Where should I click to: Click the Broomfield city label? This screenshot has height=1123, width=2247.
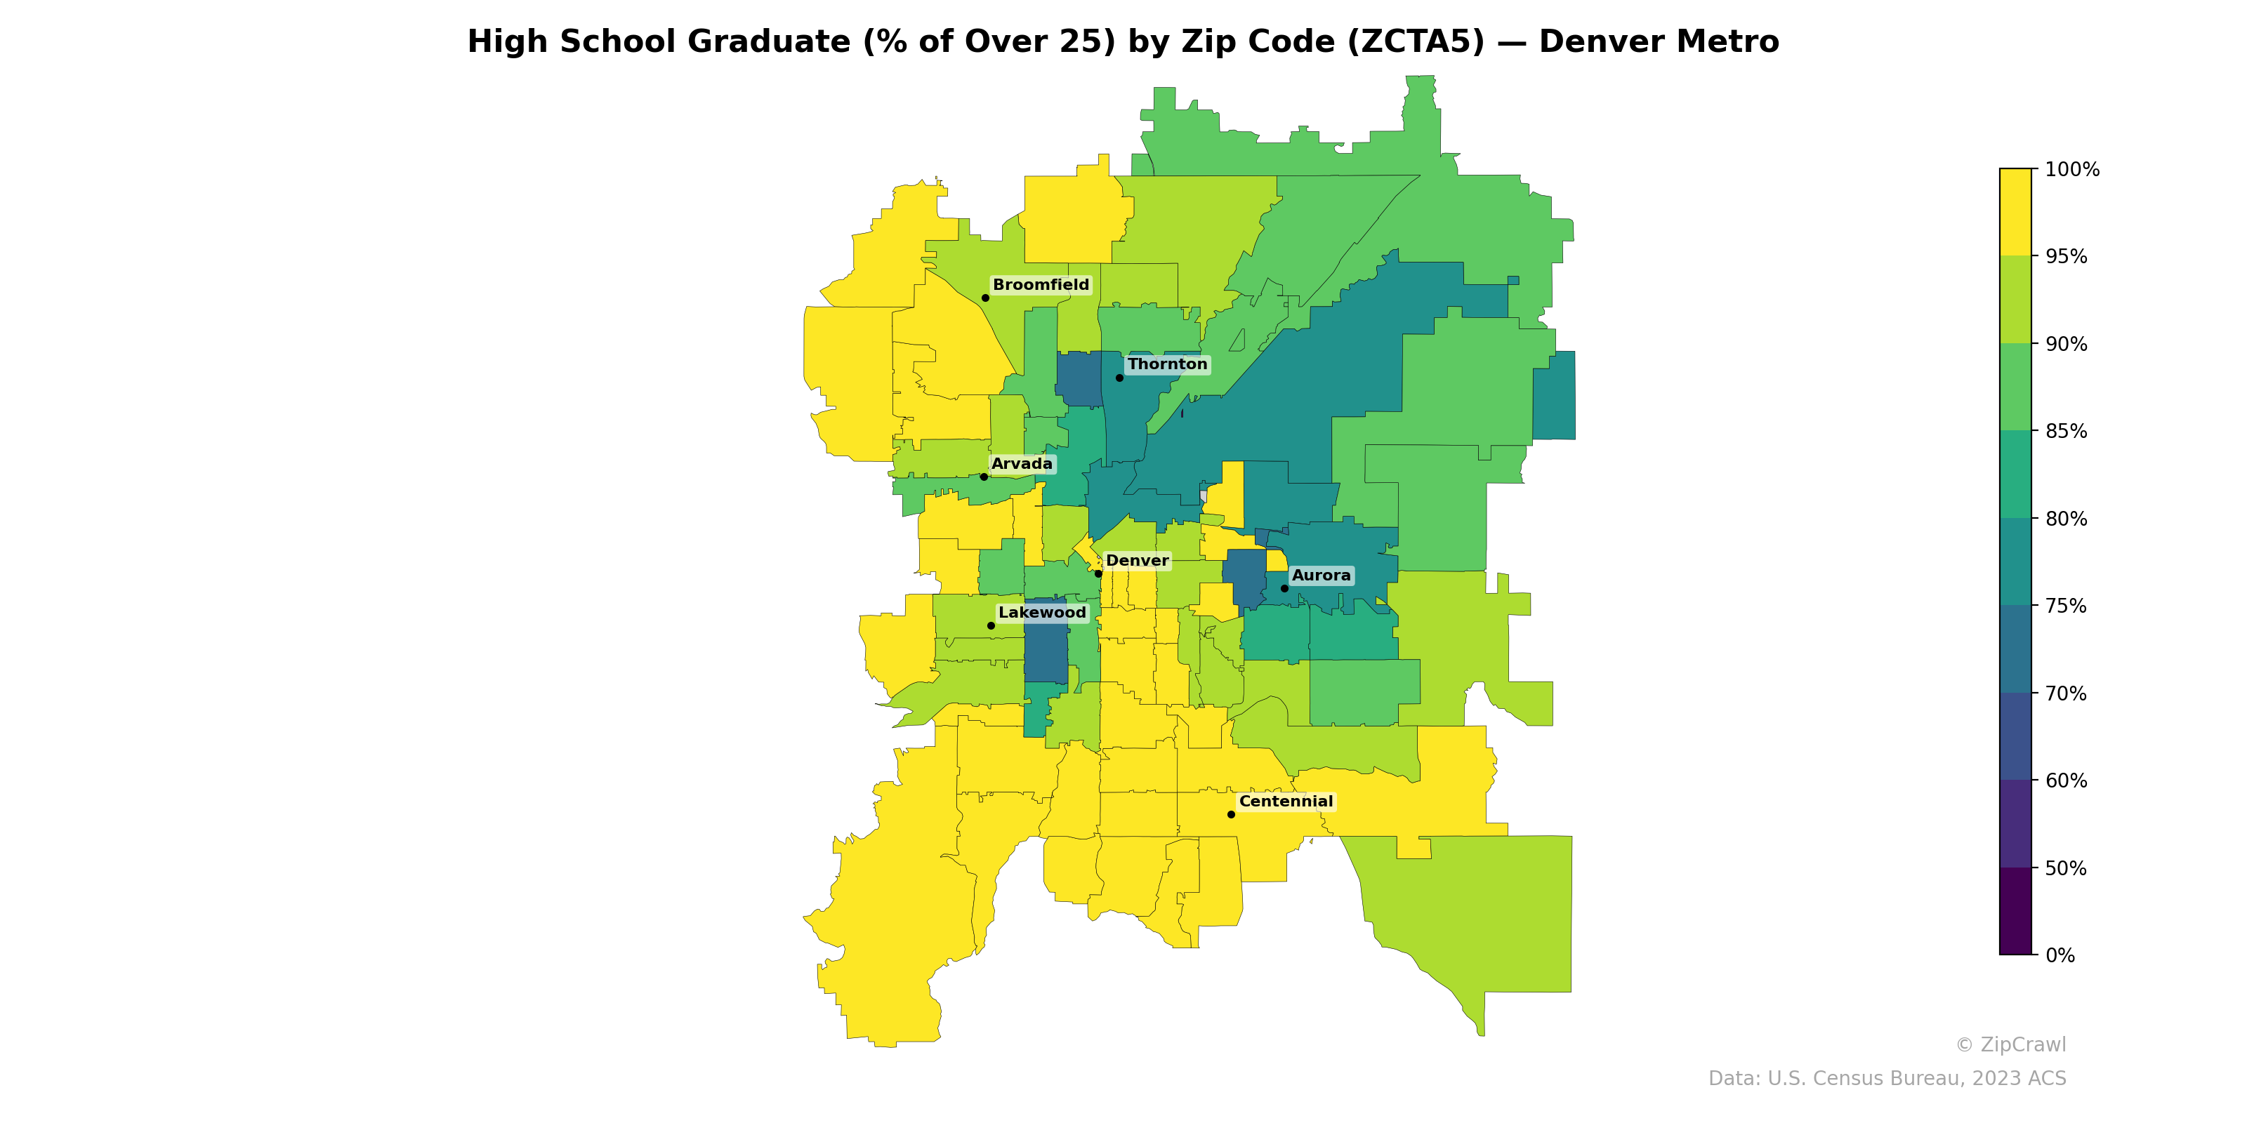(1041, 285)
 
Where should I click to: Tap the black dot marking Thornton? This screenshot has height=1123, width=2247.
(1119, 378)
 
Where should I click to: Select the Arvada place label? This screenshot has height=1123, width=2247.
(1022, 464)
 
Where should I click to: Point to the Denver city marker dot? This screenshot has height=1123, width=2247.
(1098, 573)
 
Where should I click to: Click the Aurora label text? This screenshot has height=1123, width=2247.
(1321, 576)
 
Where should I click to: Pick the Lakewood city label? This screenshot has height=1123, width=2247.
(1042, 613)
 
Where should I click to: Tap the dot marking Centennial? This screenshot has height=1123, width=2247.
(1231, 814)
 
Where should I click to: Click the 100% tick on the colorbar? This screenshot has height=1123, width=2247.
(2071, 169)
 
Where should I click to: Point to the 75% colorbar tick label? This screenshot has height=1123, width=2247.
(2066, 606)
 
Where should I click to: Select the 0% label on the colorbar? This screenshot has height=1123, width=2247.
(2060, 955)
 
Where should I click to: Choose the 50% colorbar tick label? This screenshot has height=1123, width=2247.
(2066, 868)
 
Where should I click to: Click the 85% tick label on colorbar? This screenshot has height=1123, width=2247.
(2066, 432)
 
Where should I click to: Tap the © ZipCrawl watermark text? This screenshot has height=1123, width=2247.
(2010, 1044)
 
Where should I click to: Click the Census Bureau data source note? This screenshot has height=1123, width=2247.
(1886, 1079)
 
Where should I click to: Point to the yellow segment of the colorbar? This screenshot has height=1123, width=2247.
(2015, 212)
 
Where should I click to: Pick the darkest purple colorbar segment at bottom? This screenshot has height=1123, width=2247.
(2015, 911)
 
